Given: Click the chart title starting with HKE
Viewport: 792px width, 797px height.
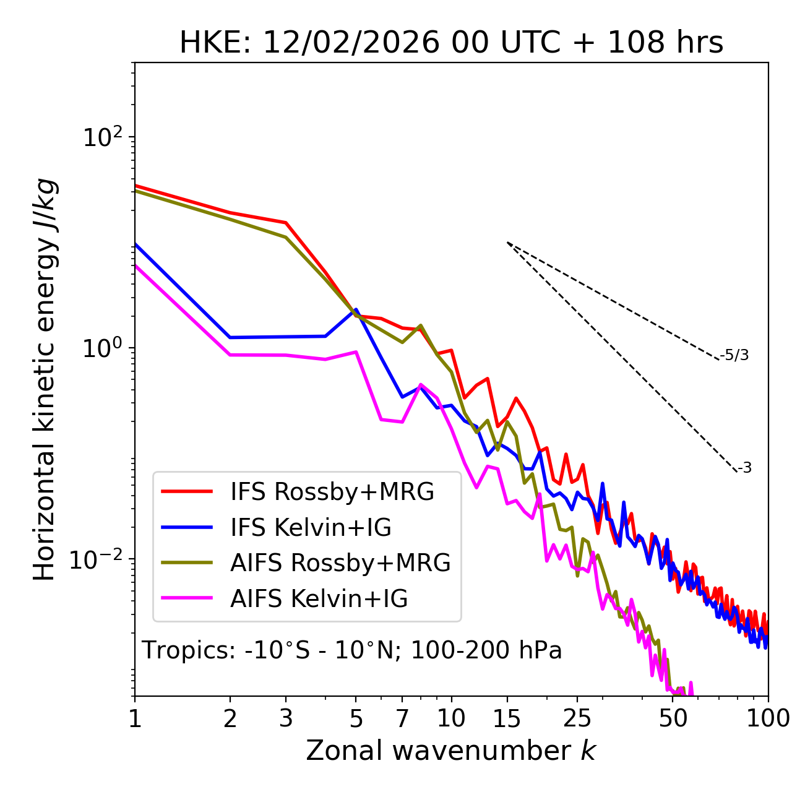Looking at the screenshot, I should (451, 43).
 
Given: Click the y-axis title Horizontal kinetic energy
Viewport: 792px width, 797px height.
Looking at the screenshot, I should (45, 379).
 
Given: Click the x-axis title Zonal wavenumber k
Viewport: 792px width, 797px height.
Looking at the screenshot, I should (451, 750).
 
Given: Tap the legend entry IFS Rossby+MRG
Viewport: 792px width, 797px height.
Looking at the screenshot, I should (332, 492).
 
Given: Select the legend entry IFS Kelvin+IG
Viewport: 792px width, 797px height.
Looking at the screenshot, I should (311, 528).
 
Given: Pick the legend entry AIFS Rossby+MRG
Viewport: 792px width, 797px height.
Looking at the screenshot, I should (340, 563).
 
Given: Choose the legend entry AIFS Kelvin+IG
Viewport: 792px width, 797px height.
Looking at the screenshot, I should (319, 599).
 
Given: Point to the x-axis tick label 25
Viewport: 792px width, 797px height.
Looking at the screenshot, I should (577, 718).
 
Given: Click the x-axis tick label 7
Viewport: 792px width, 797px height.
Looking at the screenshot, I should (402, 718).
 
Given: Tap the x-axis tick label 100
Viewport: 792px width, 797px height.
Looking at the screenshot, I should (767, 718).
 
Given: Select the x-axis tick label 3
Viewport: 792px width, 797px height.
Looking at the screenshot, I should (286, 718).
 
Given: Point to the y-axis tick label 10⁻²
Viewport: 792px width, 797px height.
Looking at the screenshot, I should (99, 559).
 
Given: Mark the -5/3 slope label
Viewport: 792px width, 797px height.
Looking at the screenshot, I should (734, 356).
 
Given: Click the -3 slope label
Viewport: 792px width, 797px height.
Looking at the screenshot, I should (745, 468).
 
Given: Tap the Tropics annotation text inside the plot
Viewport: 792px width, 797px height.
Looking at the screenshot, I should (352, 650).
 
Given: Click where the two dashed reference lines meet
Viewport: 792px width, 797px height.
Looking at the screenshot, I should (507, 243).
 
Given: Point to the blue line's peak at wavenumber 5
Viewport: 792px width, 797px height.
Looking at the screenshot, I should (356, 309).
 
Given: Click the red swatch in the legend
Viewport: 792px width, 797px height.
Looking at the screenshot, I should (187, 492).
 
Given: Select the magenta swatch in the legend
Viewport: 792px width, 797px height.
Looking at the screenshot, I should (187, 599).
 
